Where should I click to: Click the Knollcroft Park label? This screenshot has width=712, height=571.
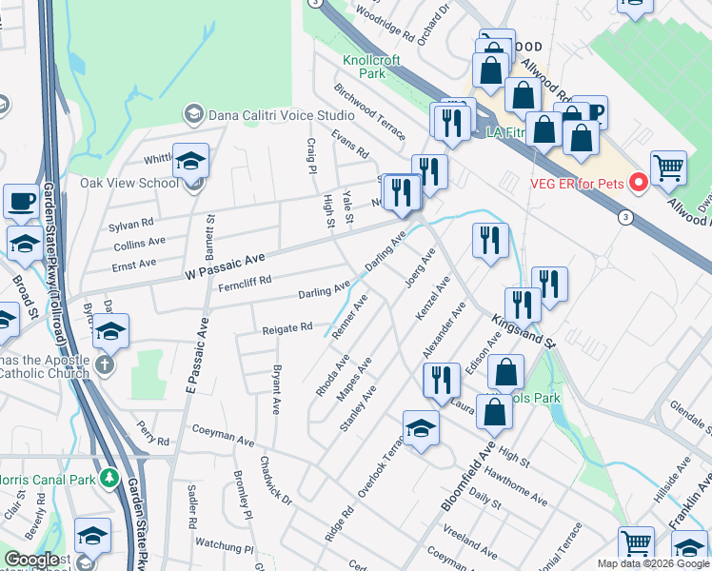tap(372, 66)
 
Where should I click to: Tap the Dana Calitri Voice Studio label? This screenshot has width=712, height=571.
tap(282, 114)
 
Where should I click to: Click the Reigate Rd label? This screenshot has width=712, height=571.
tap(287, 328)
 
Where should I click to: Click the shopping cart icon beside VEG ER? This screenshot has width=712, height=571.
tap(668, 168)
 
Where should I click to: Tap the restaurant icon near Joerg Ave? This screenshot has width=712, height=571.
tap(490, 242)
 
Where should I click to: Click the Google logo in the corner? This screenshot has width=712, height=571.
tap(31, 560)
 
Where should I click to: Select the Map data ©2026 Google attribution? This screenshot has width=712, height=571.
tap(652, 563)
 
